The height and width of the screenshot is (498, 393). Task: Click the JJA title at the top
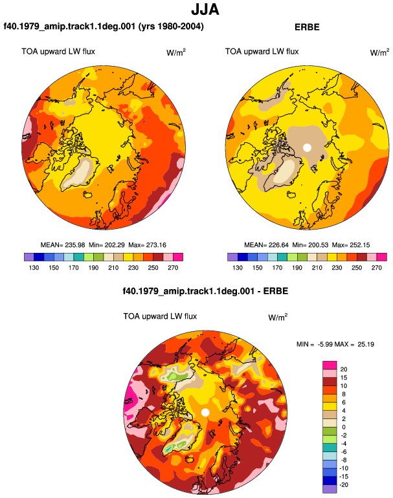205,10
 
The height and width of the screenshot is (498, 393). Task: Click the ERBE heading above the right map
307,27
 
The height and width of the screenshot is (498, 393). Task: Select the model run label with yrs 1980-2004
104,26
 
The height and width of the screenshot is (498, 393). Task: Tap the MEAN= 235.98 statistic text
63,245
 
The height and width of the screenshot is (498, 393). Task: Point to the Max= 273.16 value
147,245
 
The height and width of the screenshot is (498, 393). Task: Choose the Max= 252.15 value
351,245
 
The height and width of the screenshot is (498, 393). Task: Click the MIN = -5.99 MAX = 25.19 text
335,344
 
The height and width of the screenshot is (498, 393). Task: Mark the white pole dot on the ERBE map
307,147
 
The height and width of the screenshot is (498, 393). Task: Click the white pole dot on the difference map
205,413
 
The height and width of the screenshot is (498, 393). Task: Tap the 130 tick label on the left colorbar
34,268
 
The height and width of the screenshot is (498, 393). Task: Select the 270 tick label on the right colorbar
376,268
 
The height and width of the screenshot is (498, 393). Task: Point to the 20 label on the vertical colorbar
344,369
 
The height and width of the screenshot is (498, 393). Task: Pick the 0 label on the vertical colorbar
344,427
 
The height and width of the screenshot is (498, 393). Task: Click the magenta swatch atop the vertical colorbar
330,365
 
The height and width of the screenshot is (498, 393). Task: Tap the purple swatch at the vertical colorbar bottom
330,489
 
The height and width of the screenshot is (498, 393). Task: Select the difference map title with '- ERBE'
205,291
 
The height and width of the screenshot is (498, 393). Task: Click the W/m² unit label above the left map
176,52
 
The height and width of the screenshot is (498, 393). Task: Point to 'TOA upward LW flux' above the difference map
160,316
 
